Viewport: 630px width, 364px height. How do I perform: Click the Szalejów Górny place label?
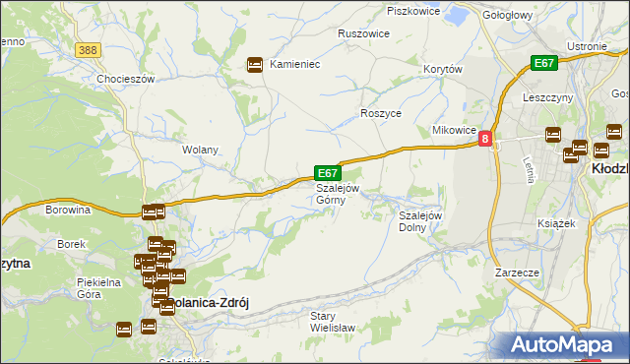(x=338, y=194)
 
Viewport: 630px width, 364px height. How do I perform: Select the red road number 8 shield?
(x=485, y=141)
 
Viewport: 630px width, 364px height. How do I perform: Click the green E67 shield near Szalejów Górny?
(x=327, y=172)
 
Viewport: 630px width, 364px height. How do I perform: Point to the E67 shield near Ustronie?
(x=543, y=63)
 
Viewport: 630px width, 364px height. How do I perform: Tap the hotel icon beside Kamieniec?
(x=255, y=64)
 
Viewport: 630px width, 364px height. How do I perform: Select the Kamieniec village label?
(x=295, y=64)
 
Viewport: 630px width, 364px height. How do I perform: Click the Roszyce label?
(x=381, y=114)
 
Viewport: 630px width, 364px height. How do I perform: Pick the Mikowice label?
(x=455, y=131)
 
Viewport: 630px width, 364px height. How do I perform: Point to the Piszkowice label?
(x=413, y=11)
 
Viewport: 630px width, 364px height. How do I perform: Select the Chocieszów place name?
(x=126, y=79)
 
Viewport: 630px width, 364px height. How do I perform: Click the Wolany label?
(x=200, y=151)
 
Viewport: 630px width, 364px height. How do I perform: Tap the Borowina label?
(x=68, y=210)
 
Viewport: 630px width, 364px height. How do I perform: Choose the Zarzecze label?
(x=518, y=272)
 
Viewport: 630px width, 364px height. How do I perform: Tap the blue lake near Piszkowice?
(x=457, y=16)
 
